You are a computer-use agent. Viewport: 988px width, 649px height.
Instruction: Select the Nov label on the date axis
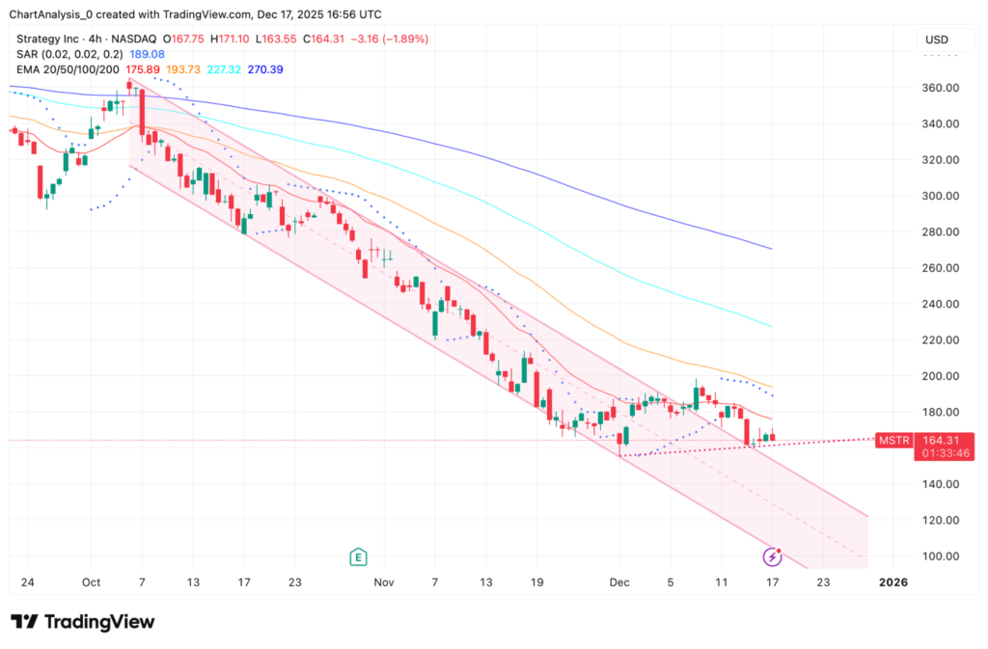[x=384, y=582]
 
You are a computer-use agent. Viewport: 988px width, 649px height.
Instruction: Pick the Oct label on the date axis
[x=92, y=582]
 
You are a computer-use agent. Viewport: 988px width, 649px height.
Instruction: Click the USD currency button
[x=936, y=40]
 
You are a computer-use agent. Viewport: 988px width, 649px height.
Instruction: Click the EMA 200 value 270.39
[x=264, y=69]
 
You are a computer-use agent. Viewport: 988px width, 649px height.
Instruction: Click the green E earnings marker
[x=358, y=556]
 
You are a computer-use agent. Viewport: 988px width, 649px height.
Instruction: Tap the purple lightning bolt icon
[x=772, y=556]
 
